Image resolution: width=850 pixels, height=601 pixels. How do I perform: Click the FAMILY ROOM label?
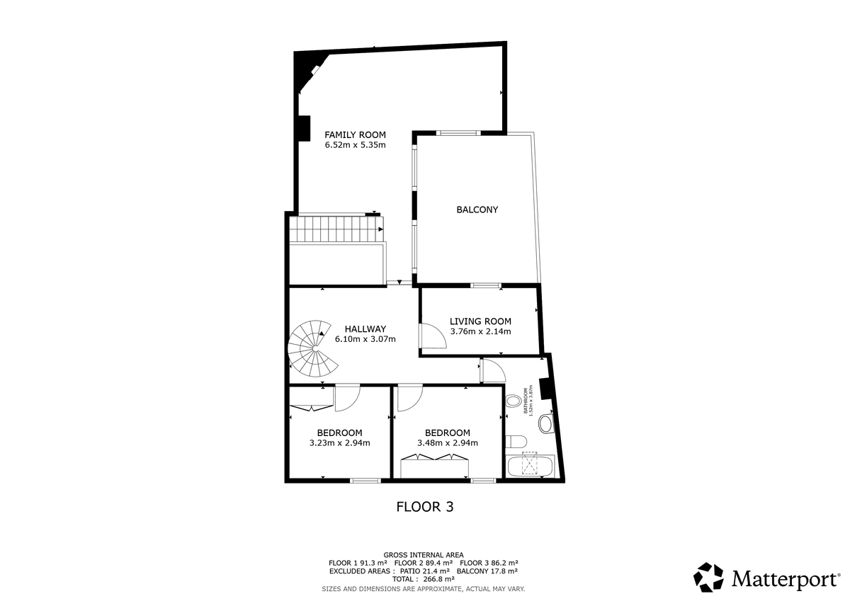pos(355,134)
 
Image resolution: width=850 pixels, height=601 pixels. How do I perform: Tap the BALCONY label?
pos(477,210)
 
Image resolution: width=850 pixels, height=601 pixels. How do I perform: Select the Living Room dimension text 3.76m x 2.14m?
pos(480,331)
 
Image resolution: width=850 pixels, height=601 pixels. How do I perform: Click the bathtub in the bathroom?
pos(530,466)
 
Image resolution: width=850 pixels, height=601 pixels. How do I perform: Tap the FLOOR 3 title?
pos(424,507)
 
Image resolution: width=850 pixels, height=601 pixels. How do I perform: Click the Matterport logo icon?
pos(708,577)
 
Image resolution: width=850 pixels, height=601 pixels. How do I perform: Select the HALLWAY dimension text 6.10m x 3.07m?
pos(365,339)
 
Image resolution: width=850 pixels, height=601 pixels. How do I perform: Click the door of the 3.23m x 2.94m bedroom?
pos(347,398)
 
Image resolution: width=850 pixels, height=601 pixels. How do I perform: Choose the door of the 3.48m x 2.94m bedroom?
pos(410,398)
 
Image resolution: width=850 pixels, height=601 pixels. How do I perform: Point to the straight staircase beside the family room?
pos(336,229)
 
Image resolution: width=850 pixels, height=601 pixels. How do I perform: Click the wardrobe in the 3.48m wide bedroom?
pos(435,466)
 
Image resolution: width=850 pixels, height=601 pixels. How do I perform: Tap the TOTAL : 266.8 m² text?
pos(423,579)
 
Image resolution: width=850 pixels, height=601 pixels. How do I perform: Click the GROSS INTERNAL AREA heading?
pos(424,555)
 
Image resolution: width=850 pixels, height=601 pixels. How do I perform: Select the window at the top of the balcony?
pos(458,133)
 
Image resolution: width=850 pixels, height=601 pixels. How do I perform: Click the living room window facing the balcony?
pos(486,285)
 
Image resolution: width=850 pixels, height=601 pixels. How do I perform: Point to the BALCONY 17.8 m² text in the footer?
pos(487,571)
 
